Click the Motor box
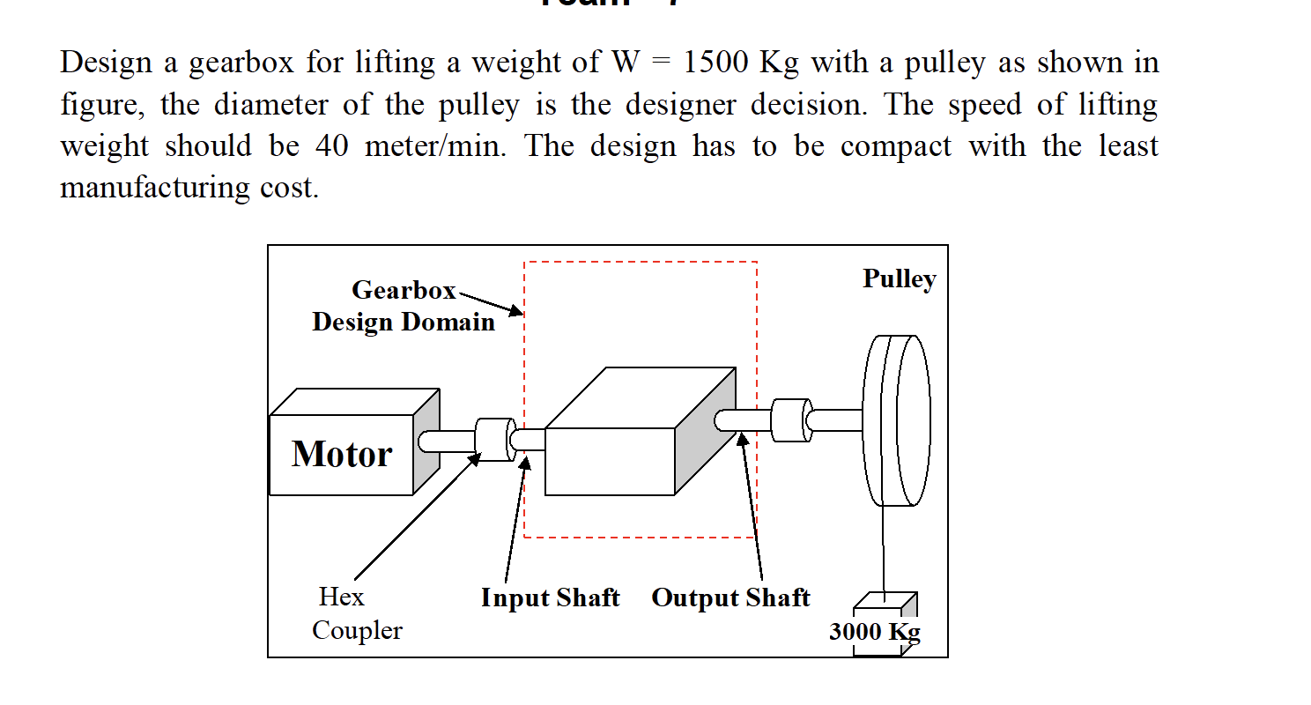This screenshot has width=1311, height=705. pyautogui.click(x=342, y=454)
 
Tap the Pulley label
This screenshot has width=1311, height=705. pyautogui.click(x=899, y=279)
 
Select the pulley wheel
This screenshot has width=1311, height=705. pyautogui.click(x=897, y=420)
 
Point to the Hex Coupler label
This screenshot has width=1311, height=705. pyautogui.click(x=357, y=613)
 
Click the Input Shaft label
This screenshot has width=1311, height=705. pyautogui.click(x=550, y=597)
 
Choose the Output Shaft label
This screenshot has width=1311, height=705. pyautogui.click(x=730, y=597)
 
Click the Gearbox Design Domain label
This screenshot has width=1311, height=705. pyautogui.click(x=404, y=306)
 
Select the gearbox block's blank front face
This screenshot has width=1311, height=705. pyautogui.click(x=610, y=461)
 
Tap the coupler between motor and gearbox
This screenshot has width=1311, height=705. pyautogui.click(x=494, y=439)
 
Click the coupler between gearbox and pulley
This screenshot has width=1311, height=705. pyautogui.click(x=790, y=420)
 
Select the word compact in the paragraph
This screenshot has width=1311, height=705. pyautogui.click(x=895, y=146)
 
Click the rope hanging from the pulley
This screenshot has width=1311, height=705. pyautogui.click(x=882, y=546)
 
